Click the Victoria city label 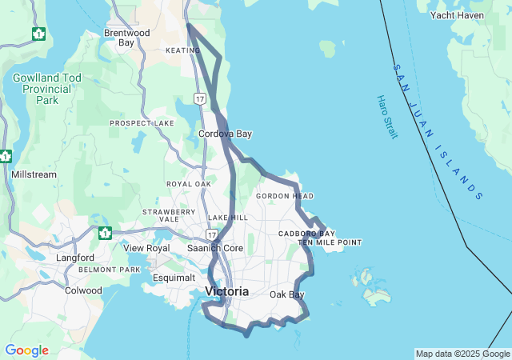tap(226, 291)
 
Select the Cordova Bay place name tap(225, 134)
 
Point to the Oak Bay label tap(286, 295)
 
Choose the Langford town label tap(75, 258)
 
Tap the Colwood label tap(83, 290)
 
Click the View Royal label tap(146, 248)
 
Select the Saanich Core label tap(214, 248)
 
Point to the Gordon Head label tap(285, 196)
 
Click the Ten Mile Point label tap(330, 242)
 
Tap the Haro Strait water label tap(386, 117)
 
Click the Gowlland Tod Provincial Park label tap(46, 89)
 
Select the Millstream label tap(34, 174)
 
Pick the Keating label tap(183, 50)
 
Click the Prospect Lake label tap(142, 123)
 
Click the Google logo tap(27, 350)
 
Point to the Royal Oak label tap(189, 184)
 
